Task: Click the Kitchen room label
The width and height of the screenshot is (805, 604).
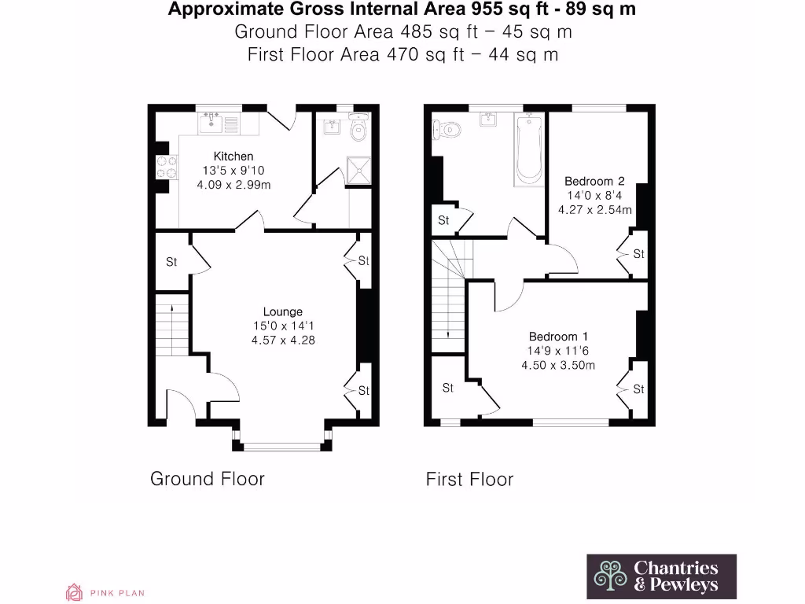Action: click(233, 157)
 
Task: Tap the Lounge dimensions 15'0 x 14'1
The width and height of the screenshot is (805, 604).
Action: click(283, 326)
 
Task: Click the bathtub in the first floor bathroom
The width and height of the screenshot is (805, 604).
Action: click(528, 149)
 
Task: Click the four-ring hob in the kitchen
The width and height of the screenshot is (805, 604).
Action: click(167, 167)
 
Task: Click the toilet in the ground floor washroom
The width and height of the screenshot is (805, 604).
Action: click(358, 129)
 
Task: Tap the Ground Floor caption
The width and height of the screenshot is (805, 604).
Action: click(208, 479)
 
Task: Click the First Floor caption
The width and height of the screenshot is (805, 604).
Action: click(469, 479)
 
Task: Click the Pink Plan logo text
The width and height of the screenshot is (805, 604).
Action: click(116, 593)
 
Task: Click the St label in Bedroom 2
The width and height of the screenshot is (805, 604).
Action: click(638, 254)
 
